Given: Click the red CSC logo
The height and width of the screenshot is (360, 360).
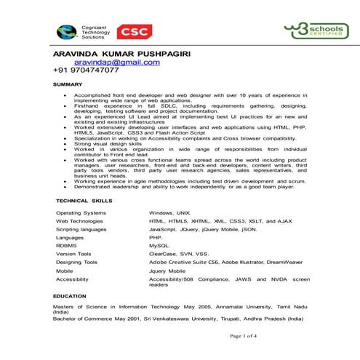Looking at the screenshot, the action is tap(135, 31).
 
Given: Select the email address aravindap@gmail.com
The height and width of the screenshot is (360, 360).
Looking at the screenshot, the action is tap(116, 63).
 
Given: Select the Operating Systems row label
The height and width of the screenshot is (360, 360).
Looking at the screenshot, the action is tap(81, 212).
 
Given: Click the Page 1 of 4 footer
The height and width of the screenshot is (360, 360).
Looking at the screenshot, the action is tap(243, 335).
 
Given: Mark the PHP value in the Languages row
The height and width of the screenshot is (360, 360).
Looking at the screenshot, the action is tap(156, 237).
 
